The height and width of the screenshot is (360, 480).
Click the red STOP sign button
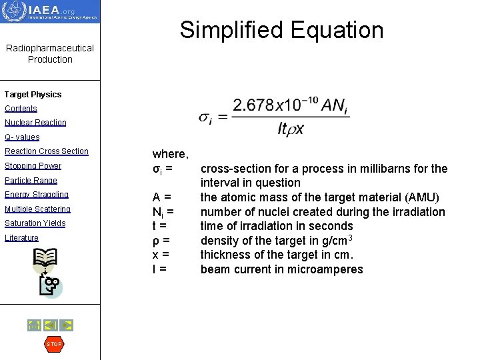pos(53,344)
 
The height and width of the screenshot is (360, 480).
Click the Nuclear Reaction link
pos(35,123)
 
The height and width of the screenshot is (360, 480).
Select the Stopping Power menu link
pos(33,166)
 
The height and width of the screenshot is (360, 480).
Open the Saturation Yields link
pos(35,223)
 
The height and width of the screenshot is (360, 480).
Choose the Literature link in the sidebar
pos(21,238)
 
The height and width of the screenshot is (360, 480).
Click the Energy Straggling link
pos(37,195)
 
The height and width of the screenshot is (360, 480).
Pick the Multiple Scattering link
pos(37,209)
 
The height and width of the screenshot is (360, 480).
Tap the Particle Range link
pos(31,181)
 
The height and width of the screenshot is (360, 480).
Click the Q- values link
pos(22,137)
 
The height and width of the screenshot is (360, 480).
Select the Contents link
pos(21,109)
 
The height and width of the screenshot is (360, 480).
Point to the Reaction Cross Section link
pos(47,151)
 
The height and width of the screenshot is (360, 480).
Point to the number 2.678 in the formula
pos(253,105)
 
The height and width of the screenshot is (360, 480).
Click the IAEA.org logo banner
pos(50,11)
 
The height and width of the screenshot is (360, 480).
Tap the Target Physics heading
pos(33,95)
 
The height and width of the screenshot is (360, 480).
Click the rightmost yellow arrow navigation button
pos(67,325)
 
